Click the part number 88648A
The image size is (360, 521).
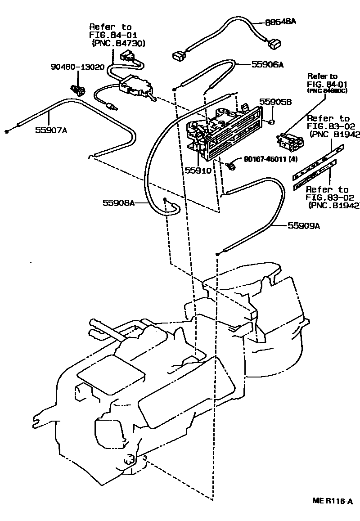pos(278,22)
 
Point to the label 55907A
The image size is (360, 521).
pos(51,130)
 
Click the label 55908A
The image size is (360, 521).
pos(119,203)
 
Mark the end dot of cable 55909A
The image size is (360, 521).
pos(217,254)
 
